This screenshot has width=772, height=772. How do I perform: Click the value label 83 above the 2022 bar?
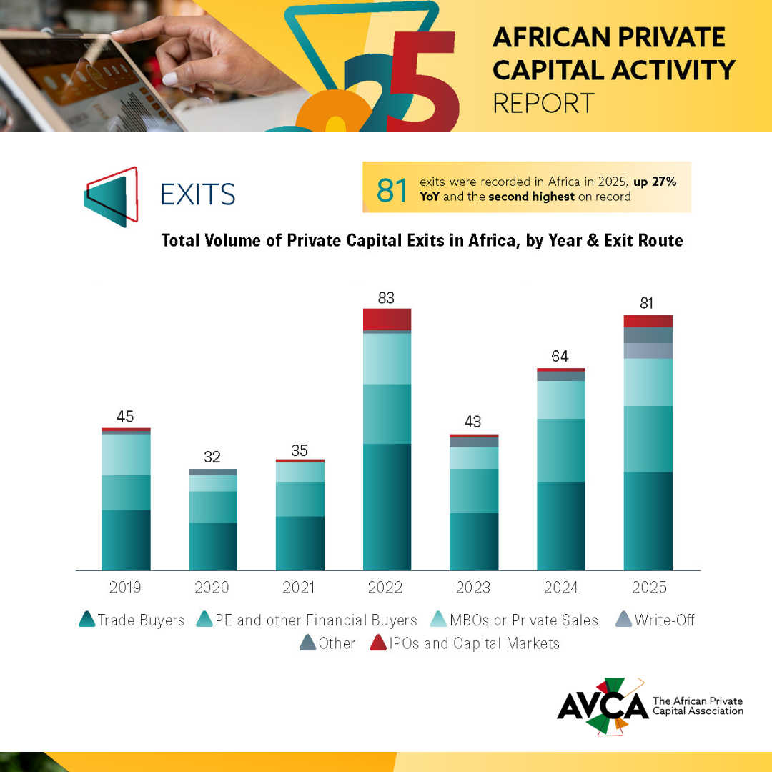tap(386, 298)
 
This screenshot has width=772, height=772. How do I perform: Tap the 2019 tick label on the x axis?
tap(125, 588)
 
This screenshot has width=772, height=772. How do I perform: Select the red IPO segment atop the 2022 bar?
tap(387, 320)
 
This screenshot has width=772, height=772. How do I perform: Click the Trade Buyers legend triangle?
tap(87, 620)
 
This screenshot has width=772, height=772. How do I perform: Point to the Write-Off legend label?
tap(664, 620)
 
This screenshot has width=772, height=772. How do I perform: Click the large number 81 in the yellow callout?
tap(392, 190)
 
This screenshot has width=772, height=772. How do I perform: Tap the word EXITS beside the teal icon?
tap(198, 194)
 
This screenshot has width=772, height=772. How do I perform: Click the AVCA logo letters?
tap(602, 706)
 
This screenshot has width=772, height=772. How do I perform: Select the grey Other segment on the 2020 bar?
tap(213, 472)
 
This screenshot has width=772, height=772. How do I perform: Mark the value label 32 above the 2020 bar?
tap(212, 457)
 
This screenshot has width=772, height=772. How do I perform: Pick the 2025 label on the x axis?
tap(649, 588)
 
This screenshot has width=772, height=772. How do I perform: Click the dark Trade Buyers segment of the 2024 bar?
tap(561, 525)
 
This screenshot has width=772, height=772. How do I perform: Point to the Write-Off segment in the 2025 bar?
tap(648, 350)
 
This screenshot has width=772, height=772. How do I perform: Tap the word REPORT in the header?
tap(544, 103)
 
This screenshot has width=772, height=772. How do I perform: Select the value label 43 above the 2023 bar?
tap(473, 422)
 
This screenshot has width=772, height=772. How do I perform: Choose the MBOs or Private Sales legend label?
tap(525, 620)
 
